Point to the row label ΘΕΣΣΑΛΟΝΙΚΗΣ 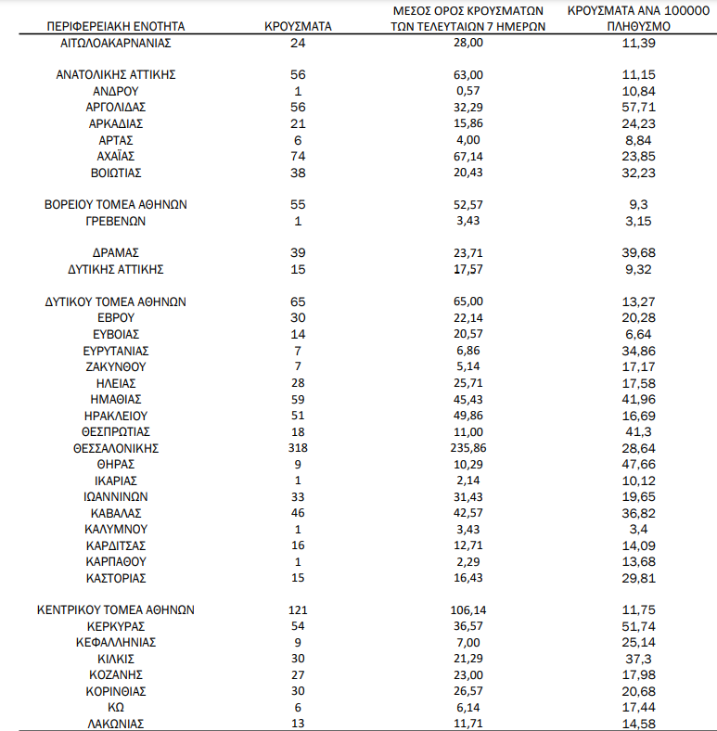pyautogui.click(x=116, y=448)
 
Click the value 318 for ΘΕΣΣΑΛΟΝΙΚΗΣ pyautogui.click(x=298, y=448)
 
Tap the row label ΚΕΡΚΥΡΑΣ pyautogui.click(x=116, y=626)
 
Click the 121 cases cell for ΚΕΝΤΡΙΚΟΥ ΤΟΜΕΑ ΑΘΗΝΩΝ pyautogui.click(x=298, y=610)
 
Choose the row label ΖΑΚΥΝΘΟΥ pyautogui.click(x=116, y=366)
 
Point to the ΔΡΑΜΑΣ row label pyautogui.click(x=116, y=252)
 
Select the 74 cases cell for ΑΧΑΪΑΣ pyautogui.click(x=298, y=156)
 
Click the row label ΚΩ pyautogui.click(x=116, y=708)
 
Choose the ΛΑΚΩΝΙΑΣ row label pyautogui.click(x=116, y=724)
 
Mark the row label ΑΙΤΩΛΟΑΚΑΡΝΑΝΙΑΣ pyautogui.click(x=116, y=43)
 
